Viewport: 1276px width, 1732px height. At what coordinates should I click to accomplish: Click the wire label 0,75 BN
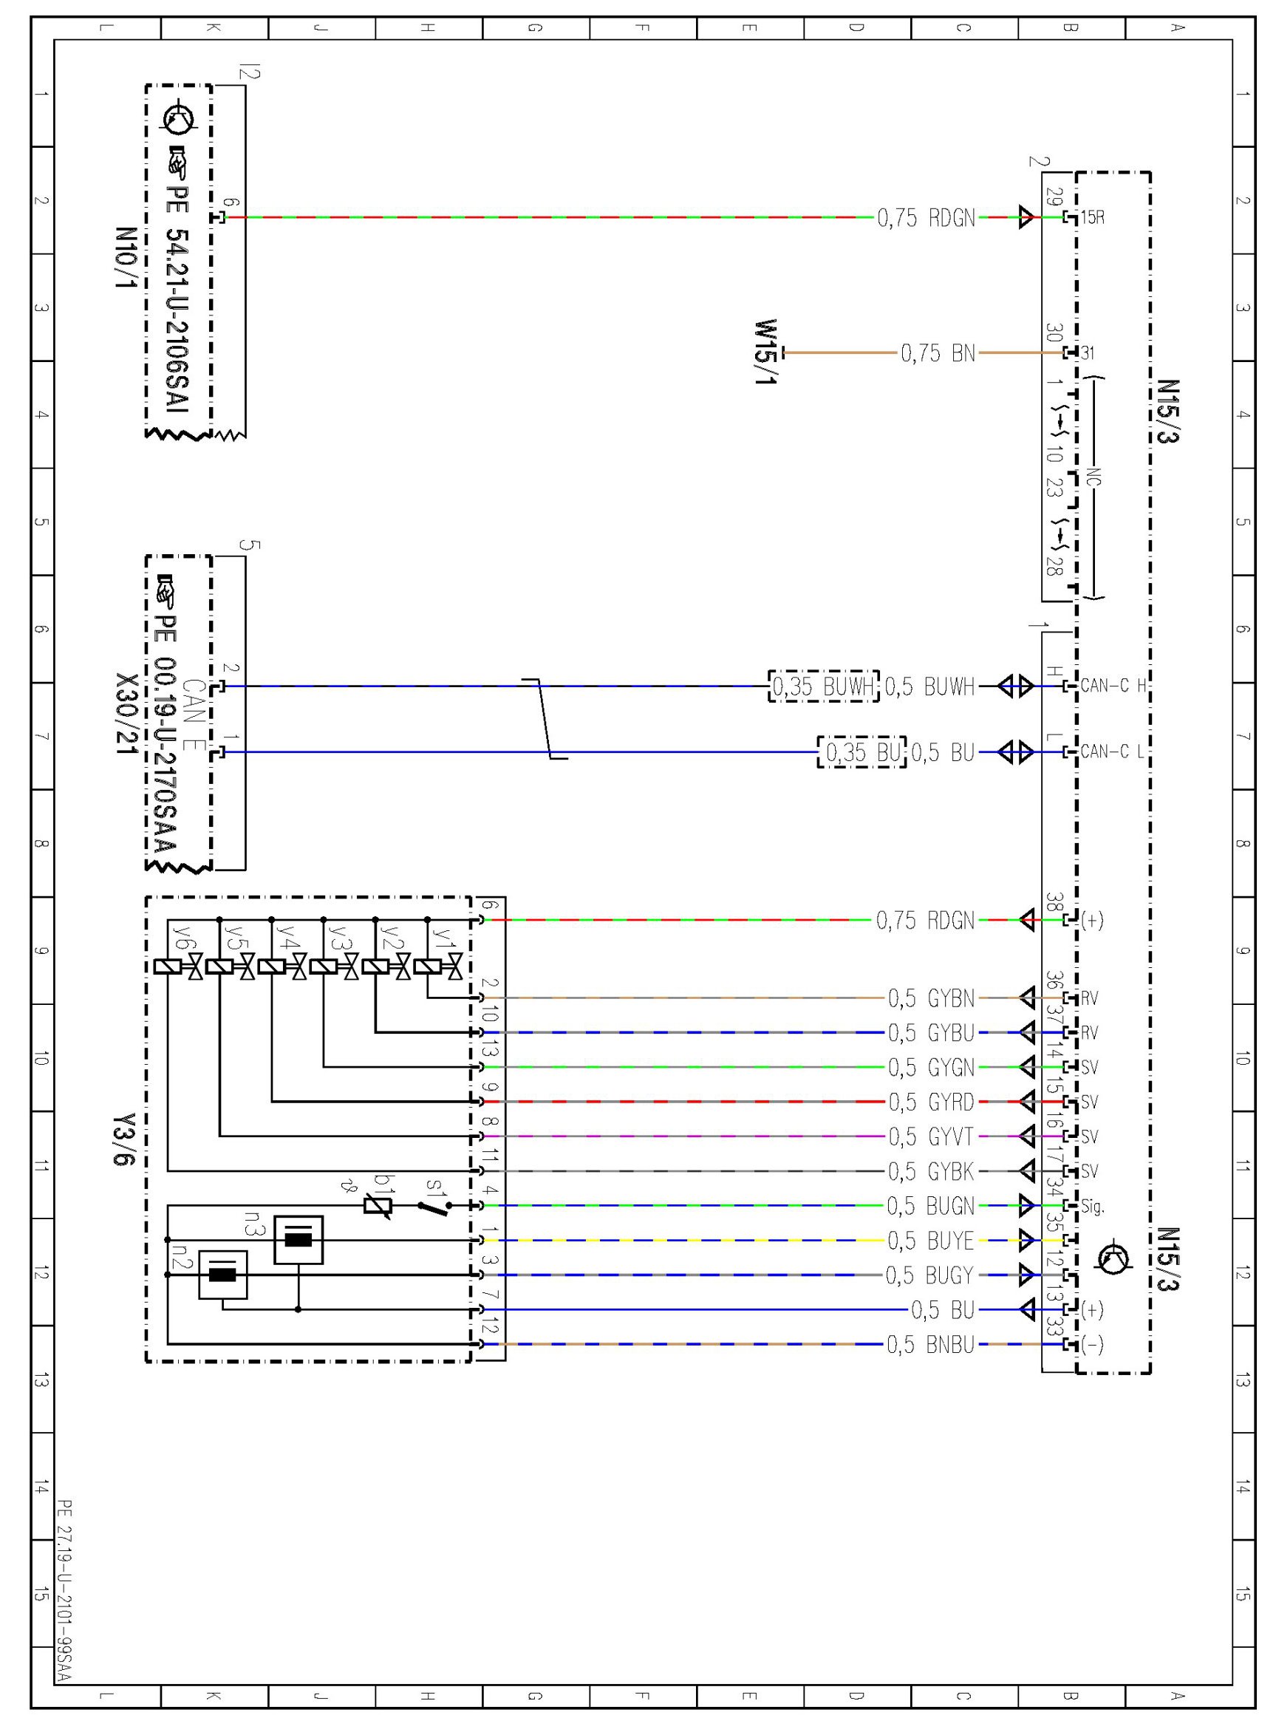[938, 354]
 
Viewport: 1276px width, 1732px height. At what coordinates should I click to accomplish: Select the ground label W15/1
[765, 353]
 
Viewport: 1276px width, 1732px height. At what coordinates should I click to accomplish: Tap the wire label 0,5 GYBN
[931, 998]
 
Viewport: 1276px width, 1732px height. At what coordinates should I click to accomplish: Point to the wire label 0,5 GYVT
[931, 1136]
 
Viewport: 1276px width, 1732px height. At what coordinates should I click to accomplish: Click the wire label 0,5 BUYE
[930, 1241]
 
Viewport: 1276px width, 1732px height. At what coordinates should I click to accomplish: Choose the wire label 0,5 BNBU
[930, 1345]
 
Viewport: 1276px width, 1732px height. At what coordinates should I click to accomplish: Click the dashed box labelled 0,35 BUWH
[823, 686]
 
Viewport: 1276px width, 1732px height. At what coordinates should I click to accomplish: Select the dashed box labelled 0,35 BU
[862, 751]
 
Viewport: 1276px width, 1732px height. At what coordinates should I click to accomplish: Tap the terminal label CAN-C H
[1113, 686]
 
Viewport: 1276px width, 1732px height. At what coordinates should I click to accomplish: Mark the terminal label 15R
[1092, 218]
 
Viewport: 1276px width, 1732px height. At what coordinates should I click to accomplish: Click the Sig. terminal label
[1092, 1206]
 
